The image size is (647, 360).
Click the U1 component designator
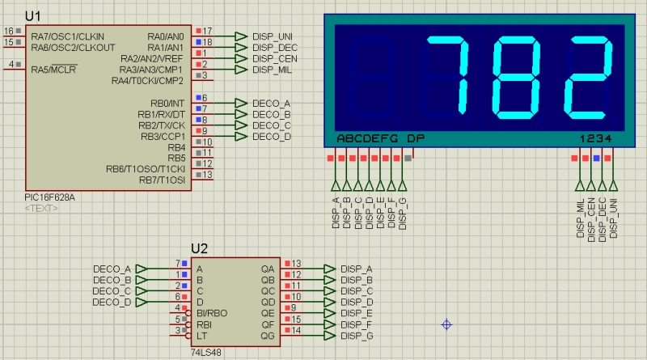(32, 16)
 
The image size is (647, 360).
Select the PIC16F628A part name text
(49, 197)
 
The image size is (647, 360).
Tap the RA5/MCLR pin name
(53, 70)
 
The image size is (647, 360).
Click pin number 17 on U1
(207, 31)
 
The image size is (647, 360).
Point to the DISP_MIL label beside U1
(272, 70)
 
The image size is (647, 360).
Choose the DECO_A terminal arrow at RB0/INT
(240, 103)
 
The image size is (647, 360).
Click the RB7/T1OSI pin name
(163, 180)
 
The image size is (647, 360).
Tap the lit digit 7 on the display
(449, 75)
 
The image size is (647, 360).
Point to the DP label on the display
(416, 138)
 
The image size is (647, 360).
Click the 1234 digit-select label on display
(596, 138)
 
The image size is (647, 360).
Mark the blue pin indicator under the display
(596, 158)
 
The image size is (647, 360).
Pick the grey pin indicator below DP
(408, 158)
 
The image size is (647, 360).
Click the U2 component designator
(199, 248)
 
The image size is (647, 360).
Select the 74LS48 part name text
(206, 353)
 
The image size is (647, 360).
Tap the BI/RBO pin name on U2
(212, 313)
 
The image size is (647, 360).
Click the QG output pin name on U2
(268, 336)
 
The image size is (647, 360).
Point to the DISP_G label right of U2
(357, 336)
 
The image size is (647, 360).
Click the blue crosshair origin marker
(446, 325)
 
